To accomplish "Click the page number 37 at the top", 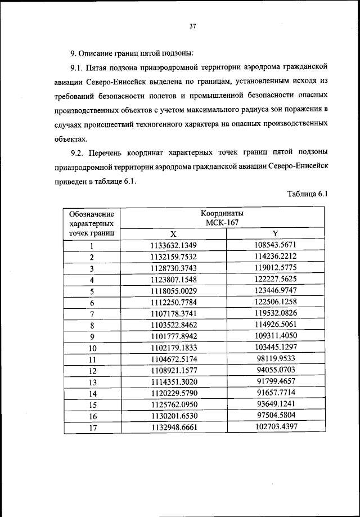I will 192,25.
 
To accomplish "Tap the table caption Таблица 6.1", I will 307,195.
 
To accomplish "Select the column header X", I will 173,233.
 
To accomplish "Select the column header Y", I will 275,233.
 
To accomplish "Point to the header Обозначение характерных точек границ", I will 91,223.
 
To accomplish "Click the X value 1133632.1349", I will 173,245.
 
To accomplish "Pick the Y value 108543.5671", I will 275,245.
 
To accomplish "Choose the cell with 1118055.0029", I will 173,291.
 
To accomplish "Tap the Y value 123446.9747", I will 275,290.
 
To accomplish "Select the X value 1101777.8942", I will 173,337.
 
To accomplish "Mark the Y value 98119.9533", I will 275,359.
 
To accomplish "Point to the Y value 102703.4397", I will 275,428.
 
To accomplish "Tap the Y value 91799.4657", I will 275,382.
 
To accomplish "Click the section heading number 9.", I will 73,53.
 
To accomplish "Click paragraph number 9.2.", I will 78,152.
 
